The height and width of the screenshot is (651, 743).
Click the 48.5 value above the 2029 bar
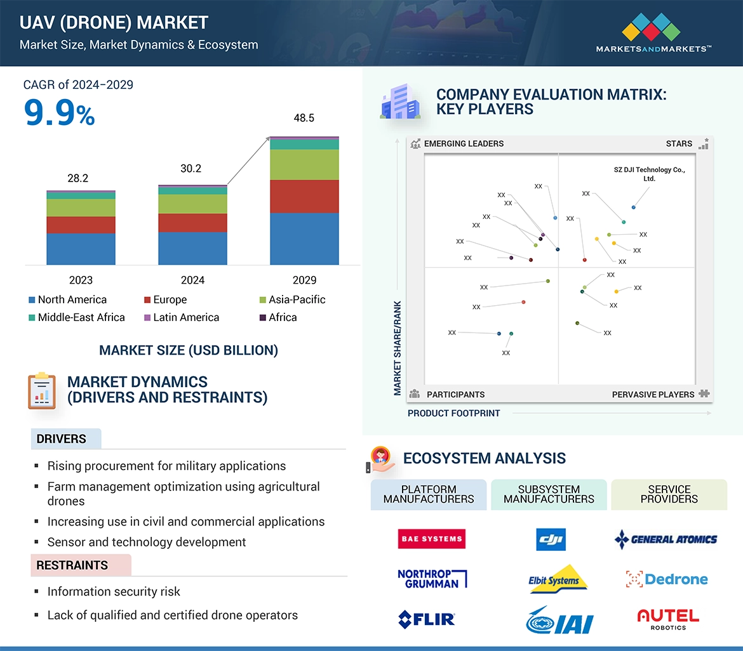click(x=304, y=118)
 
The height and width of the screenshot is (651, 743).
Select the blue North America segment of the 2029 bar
click(x=304, y=239)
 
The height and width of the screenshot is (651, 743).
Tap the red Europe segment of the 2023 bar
click(x=81, y=225)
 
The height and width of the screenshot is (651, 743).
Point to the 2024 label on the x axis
click(x=192, y=280)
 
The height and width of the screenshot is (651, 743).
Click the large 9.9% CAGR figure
click(x=59, y=114)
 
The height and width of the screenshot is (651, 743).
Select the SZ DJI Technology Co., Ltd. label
click(x=649, y=174)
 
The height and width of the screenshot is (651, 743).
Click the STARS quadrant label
click(x=679, y=143)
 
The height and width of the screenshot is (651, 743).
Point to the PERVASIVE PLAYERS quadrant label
click(x=653, y=395)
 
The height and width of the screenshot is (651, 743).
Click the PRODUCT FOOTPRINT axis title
click(x=453, y=413)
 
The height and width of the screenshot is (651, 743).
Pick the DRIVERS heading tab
click(x=62, y=439)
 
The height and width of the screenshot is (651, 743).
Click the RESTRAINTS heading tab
click(x=72, y=565)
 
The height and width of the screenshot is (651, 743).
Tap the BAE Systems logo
click(x=431, y=539)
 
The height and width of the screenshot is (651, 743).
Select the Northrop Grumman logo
click(x=432, y=578)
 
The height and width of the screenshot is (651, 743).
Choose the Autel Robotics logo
click(x=667, y=619)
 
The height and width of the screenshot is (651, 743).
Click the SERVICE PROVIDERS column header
click(x=669, y=494)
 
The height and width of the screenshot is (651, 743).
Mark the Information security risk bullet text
click(x=114, y=591)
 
